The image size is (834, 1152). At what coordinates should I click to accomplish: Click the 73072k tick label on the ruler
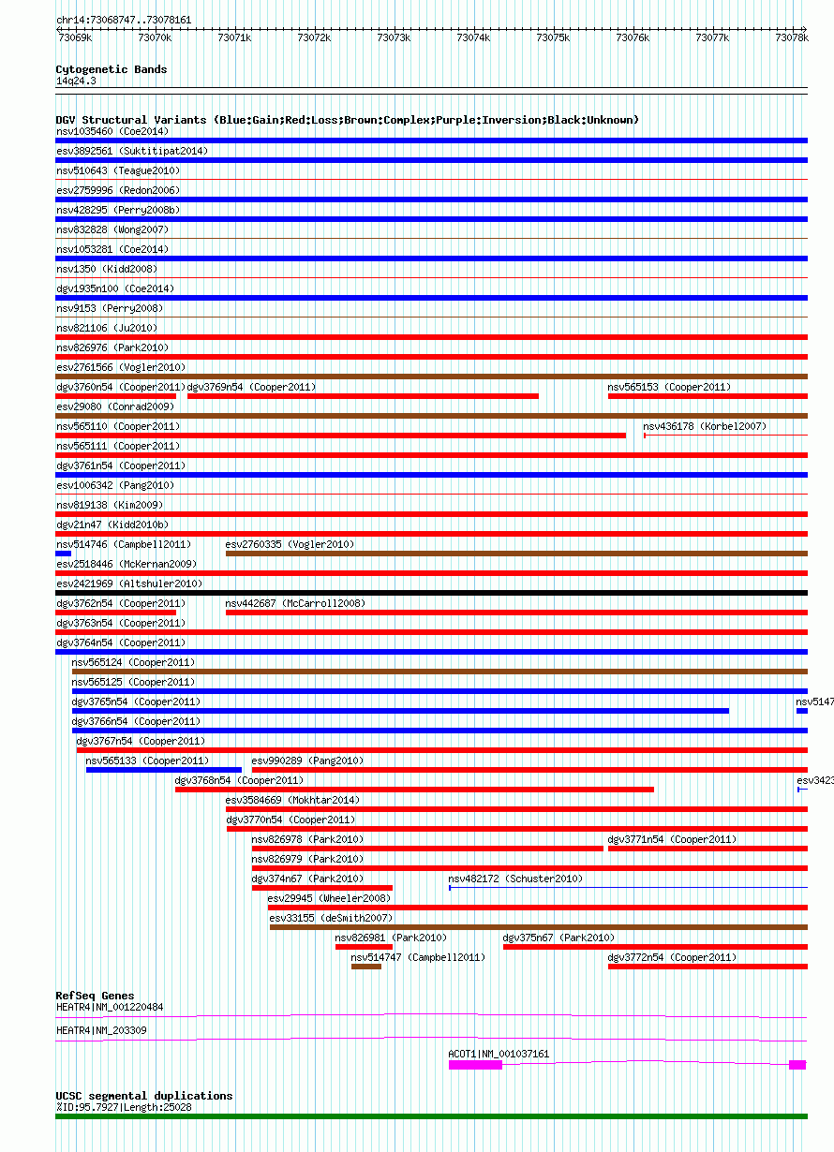(314, 37)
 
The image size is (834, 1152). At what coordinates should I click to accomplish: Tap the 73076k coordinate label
(633, 37)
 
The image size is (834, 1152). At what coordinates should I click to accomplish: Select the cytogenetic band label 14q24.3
(76, 81)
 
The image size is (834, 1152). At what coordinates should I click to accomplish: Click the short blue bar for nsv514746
(64, 554)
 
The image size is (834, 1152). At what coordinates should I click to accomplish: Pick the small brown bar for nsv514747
(366, 967)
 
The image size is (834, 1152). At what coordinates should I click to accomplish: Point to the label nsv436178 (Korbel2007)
(705, 426)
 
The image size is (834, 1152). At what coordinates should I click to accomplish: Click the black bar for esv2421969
(432, 593)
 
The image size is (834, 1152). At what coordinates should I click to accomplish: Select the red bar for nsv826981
(364, 947)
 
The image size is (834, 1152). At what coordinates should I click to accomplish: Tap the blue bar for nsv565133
(164, 770)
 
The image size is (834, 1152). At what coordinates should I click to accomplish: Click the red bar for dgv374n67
(322, 888)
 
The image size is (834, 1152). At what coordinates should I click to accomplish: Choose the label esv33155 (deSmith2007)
(331, 918)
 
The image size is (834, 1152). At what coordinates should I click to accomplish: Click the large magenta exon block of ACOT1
(475, 1065)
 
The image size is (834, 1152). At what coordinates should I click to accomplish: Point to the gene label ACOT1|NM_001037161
(499, 1054)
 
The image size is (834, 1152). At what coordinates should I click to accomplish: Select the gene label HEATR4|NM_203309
(101, 1030)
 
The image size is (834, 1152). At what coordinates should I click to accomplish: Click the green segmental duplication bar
(432, 1116)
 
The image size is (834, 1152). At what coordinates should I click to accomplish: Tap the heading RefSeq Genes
(95, 996)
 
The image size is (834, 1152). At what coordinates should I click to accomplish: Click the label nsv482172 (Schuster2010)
(515, 879)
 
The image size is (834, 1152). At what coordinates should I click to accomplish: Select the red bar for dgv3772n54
(707, 967)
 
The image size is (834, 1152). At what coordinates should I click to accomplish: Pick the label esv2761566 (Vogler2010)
(121, 367)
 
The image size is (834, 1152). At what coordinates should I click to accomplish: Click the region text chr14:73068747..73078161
(124, 20)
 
